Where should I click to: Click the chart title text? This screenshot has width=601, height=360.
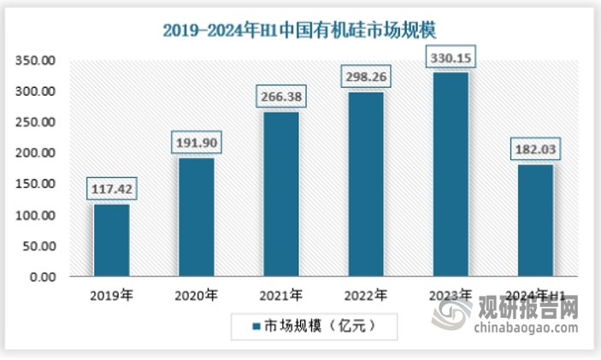[299, 31]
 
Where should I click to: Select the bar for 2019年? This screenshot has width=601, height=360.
[111, 240]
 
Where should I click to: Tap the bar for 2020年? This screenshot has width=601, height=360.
[196, 217]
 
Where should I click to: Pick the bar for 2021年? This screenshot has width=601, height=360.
[280, 194]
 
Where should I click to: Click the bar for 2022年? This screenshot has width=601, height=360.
[365, 184]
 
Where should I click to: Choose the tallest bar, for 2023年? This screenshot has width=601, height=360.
[450, 174]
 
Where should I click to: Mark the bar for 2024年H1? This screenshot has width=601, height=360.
[534, 221]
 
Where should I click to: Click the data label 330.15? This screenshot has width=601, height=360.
[450, 58]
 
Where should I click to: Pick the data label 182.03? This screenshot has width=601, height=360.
[534, 150]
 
